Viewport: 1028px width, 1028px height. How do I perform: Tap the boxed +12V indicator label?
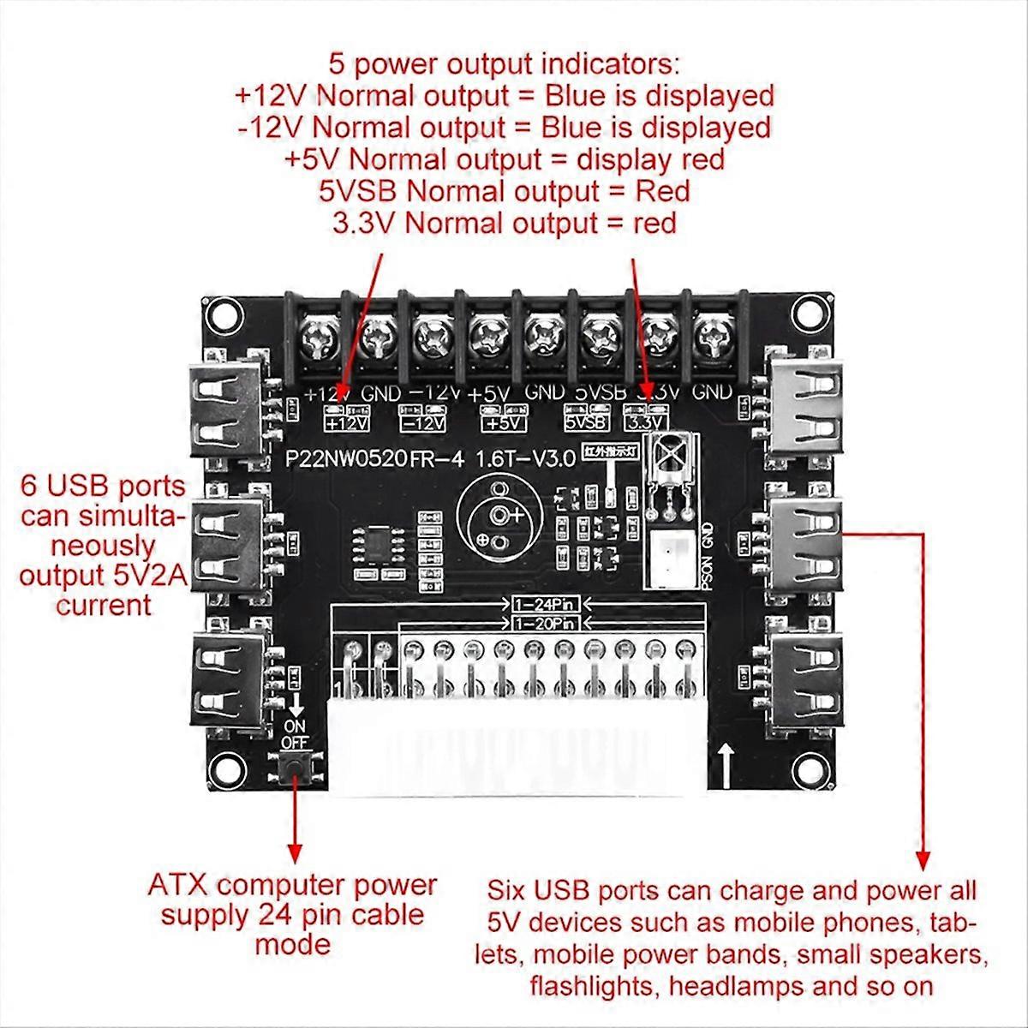click(x=346, y=421)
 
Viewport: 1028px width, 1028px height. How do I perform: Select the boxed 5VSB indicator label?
click(x=586, y=421)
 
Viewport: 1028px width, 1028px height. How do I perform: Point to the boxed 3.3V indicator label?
click(x=647, y=421)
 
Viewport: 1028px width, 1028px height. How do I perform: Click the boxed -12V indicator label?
click(x=424, y=421)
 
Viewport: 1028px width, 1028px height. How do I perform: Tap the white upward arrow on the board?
click(x=726, y=760)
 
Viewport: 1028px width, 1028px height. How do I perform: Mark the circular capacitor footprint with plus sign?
click(x=497, y=514)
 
